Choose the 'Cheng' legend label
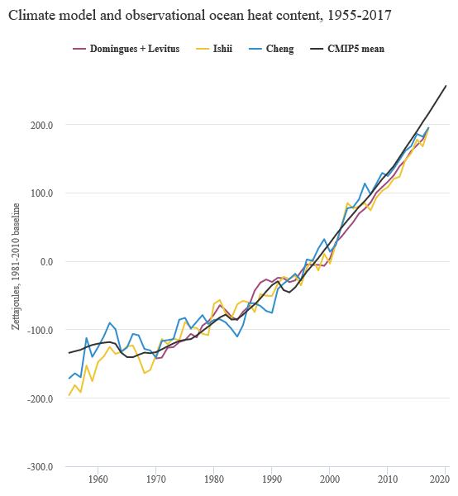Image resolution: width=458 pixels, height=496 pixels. [274, 49]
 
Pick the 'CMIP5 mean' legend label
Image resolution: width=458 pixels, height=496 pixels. [355, 49]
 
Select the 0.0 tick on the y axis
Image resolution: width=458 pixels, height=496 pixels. [45, 261]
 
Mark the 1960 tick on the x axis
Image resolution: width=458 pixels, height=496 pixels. [98, 479]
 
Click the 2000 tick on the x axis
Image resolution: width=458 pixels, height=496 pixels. [329, 479]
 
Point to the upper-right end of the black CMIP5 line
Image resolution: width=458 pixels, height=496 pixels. [446, 85]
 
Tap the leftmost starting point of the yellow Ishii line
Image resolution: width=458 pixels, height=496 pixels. [69, 396]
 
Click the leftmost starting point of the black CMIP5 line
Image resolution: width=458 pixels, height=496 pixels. [69, 354]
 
